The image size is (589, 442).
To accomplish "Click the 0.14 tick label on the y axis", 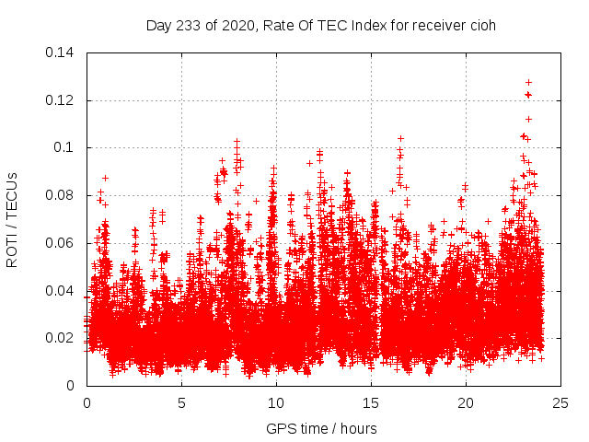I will [x=63, y=52].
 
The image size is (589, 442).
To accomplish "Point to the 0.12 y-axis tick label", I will [x=63, y=99].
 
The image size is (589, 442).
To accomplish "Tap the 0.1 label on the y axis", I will [x=66, y=147].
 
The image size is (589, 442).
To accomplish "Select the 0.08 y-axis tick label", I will [x=63, y=195].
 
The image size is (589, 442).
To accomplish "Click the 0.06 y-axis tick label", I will [x=63, y=243].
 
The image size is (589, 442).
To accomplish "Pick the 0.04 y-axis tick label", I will [x=63, y=291].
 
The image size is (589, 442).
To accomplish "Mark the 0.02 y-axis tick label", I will [x=63, y=338].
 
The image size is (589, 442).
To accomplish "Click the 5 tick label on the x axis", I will [x=181, y=402].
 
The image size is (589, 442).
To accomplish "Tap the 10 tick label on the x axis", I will [x=276, y=402].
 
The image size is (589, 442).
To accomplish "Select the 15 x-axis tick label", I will [x=371, y=402].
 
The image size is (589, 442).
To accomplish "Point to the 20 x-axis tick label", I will [x=466, y=402].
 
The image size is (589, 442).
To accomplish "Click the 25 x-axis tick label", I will [x=560, y=402].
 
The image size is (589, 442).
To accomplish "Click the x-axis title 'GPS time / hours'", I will [x=321, y=428].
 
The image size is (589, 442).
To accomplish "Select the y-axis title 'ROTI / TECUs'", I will [x=13, y=219].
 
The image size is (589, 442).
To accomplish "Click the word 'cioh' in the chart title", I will [x=482, y=25].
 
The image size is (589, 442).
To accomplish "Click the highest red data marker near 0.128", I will [x=528, y=82].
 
